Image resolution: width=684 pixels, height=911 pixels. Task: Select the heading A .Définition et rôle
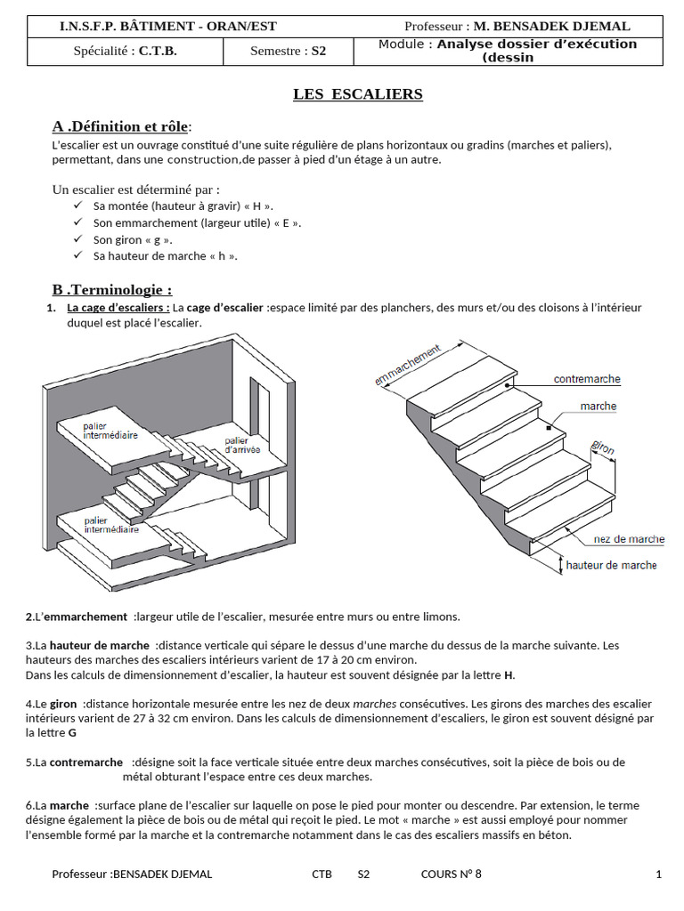point(122,126)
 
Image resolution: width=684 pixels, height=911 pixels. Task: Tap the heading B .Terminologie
point(112,289)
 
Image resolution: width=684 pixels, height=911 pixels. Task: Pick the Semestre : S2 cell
point(288,52)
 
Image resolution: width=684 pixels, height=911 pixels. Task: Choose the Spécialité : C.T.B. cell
point(125,52)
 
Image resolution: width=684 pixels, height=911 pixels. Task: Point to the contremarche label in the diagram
point(587,379)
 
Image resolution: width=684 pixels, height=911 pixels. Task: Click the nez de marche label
point(629,539)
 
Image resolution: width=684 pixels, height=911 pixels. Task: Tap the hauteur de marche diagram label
point(611,565)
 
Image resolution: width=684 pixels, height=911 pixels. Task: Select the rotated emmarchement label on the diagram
point(408,366)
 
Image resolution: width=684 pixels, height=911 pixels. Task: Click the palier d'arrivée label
point(241,446)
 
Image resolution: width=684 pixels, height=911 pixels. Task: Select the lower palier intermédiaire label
point(111,525)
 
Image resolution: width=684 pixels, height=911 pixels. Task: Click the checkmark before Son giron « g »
point(77,239)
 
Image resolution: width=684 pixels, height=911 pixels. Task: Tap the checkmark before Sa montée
point(77,206)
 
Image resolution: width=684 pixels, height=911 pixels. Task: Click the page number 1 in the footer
point(658,874)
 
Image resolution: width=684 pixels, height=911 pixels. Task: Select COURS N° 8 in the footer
point(451,874)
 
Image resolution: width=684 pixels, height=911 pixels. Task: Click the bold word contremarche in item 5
point(85,762)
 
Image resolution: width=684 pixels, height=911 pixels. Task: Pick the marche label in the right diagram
point(598,407)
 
